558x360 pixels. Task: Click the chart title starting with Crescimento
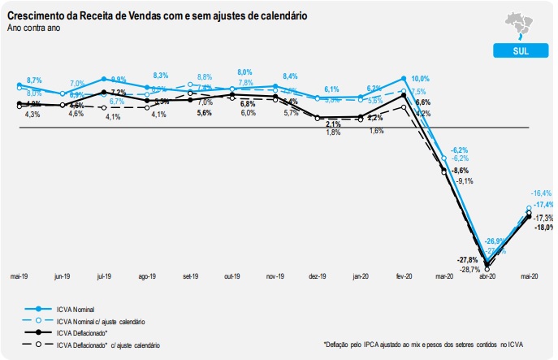tap(157, 16)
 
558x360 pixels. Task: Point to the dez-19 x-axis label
tap(318, 276)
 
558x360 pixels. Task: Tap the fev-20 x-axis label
tap(404, 276)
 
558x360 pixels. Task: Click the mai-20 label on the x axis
tap(530, 276)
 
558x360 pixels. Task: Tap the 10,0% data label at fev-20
tap(419, 79)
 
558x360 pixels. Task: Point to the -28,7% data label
tap(469, 269)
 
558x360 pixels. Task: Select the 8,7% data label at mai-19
tap(34, 80)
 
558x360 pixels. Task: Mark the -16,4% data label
tap(541, 193)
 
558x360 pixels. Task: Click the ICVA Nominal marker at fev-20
tap(404, 79)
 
